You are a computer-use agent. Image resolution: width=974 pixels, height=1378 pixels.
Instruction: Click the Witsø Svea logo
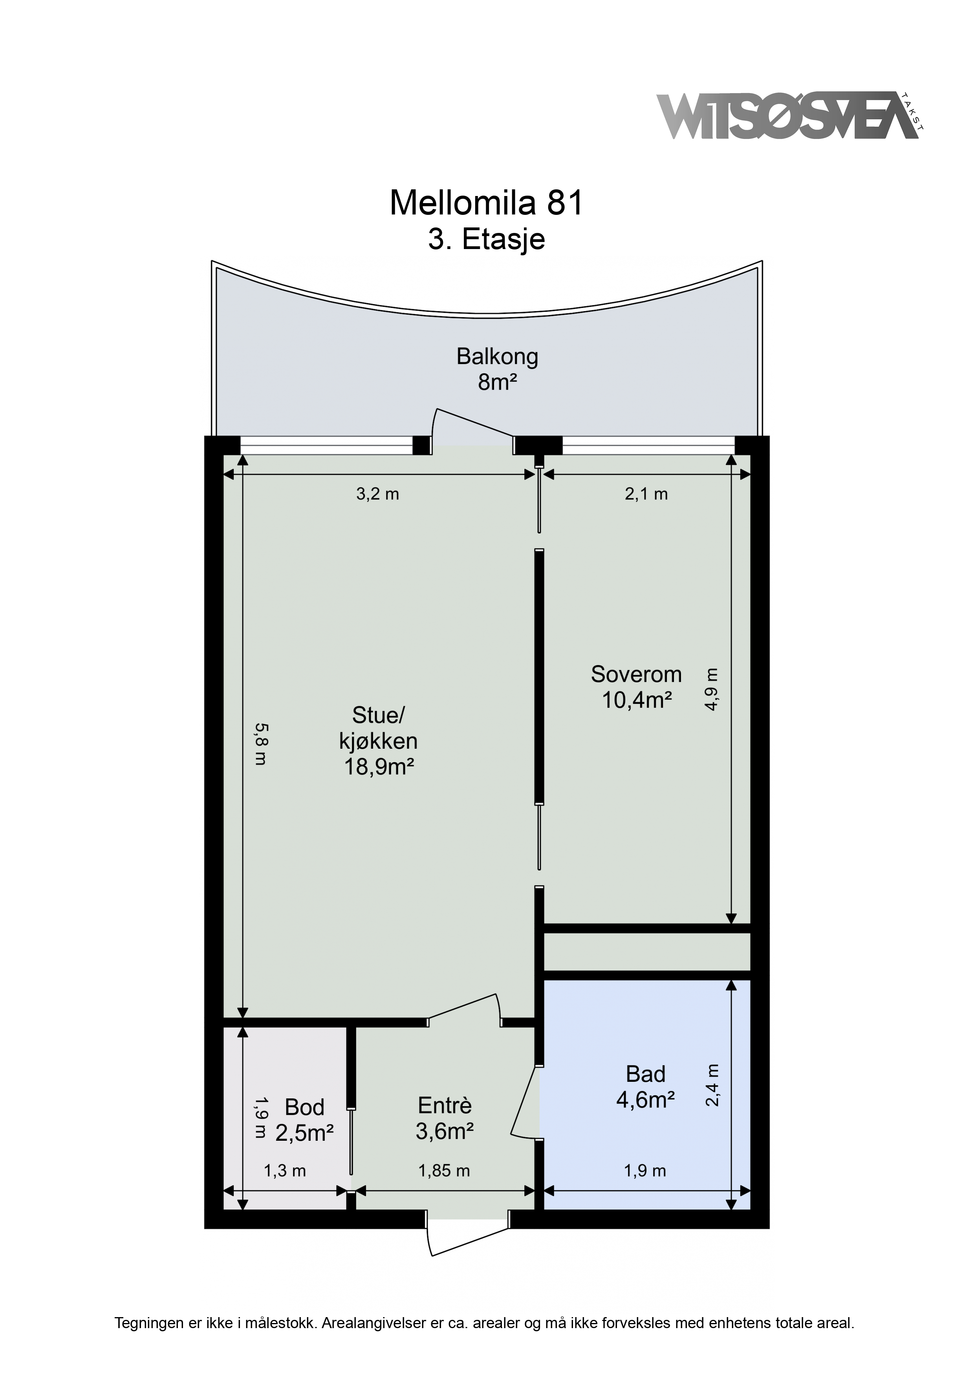click(x=790, y=116)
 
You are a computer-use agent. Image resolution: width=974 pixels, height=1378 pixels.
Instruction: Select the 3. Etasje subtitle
click(x=486, y=239)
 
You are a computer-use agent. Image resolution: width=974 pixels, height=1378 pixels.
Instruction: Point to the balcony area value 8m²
click(x=498, y=382)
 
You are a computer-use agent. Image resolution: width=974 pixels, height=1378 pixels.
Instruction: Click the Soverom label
click(x=636, y=674)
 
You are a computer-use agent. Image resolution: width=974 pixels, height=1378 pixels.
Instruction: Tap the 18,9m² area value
click(x=379, y=767)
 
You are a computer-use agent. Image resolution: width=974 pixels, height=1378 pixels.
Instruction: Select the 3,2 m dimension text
click(x=377, y=494)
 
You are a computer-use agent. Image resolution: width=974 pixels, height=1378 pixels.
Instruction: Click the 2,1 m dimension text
click(x=646, y=494)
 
